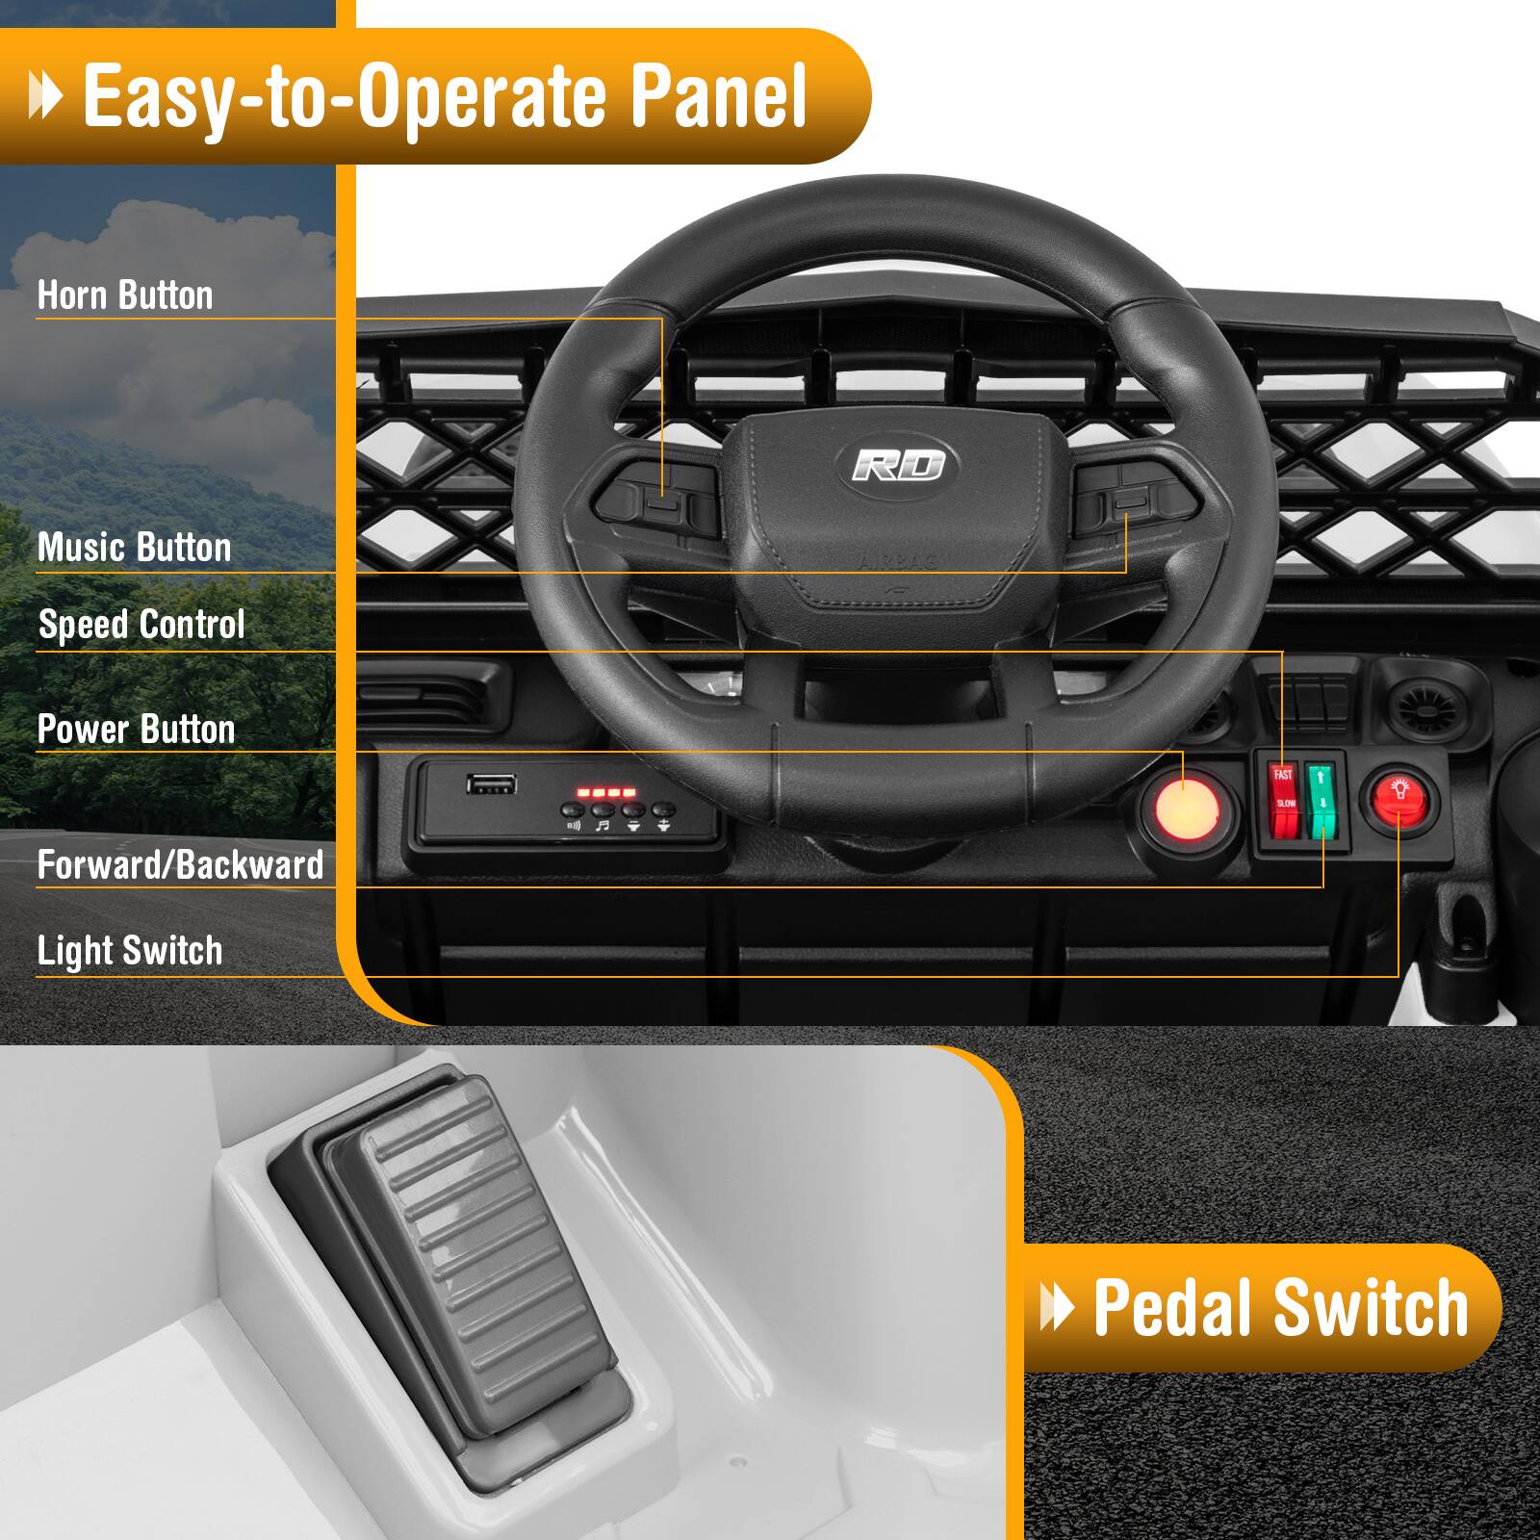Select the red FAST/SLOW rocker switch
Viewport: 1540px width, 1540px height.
point(1284,800)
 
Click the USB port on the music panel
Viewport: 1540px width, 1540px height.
point(491,783)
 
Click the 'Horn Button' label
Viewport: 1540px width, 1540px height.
point(125,295)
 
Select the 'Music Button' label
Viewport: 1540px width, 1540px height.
point(134,548)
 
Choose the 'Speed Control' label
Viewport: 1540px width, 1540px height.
point(141,625)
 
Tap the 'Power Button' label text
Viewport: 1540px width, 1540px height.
point(136,730)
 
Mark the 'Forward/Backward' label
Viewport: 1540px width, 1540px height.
point(180,865)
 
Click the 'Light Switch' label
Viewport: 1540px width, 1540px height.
point(130,951)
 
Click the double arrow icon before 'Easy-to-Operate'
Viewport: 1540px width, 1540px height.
point(45,97)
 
